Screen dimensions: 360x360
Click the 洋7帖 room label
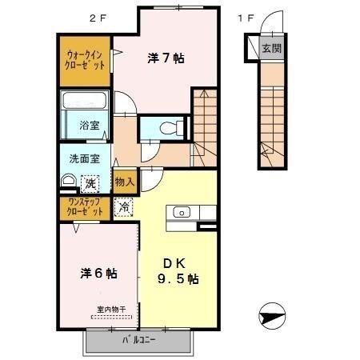pyautogui.click(x=167, y=58)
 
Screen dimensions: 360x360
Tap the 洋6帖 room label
pyautogui.click(x=99, y=273)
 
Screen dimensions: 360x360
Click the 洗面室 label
pyautogui.click(x=84, y=158)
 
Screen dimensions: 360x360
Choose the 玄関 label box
pyautogui.click(x=271, y=48)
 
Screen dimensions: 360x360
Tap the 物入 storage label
pyautogui.click(x=125, y=182)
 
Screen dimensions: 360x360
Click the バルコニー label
pyautogui.click(x=139, y=340)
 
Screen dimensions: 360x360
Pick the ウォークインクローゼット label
pyautogui.click(x=86, y=62)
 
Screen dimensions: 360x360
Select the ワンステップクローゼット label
pyautogui.click(x=85, y=208)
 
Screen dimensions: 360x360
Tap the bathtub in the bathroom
pyautogui.click(x=85, y=102)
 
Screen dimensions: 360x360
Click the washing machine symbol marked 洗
pyautogui.click(x=90, y=183)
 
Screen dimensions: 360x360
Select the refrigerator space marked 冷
pyautogui.click(x=125, y=207)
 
